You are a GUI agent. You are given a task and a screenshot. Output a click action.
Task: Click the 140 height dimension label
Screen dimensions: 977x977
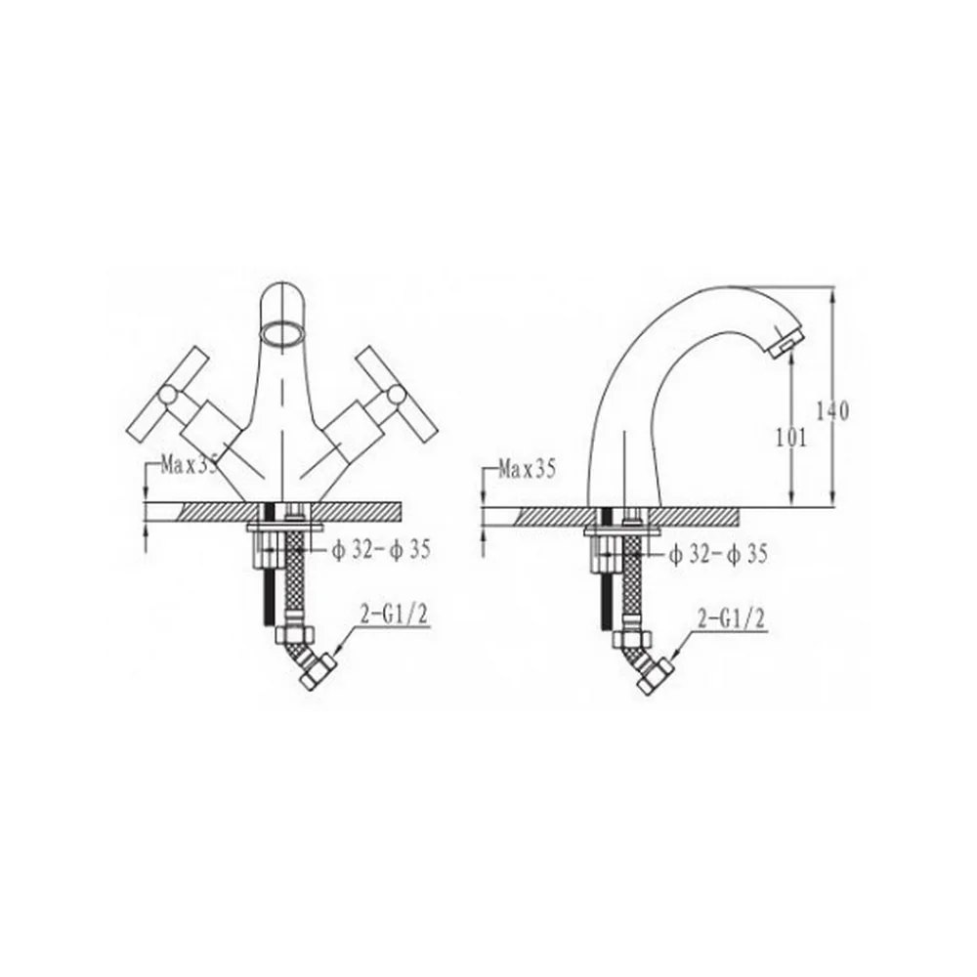pyautogui.click(x=832, y=411)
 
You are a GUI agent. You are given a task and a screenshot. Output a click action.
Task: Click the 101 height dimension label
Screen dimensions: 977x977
pyautogui.click(x=790, y=439)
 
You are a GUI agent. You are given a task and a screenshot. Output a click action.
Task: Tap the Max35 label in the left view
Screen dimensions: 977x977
pyautogui.click(x=190, y=465)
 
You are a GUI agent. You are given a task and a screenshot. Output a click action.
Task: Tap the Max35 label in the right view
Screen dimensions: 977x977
pyautogui.click(x=527, y=469)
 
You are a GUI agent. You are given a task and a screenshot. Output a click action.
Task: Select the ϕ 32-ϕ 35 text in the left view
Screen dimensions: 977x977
pyautogui.click(x=381, y=550)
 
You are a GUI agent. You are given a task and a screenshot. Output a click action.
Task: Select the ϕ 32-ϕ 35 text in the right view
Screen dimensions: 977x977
pyautogui.click(x=718, y=554)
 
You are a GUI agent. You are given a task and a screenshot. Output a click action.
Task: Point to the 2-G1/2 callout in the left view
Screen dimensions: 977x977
pyautogui.click(x=394, y=616)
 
